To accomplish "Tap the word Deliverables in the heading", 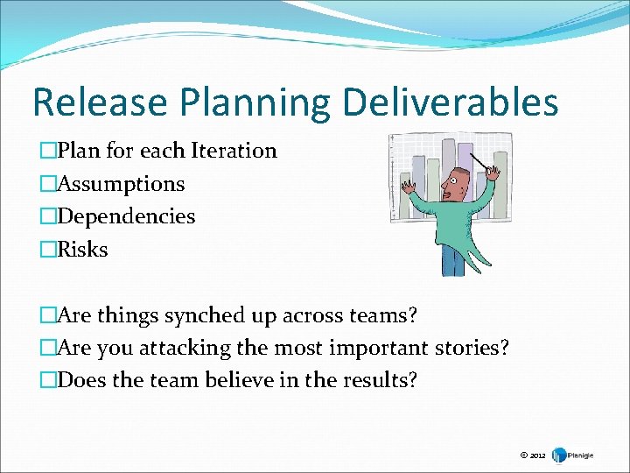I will click(450, 102).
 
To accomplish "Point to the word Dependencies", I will click(126, 216).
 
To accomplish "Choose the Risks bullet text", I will click(82, 250).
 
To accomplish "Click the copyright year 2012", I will click(536, 455).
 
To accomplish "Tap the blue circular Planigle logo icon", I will click(559, 455).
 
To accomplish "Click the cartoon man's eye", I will click(453, 181).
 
